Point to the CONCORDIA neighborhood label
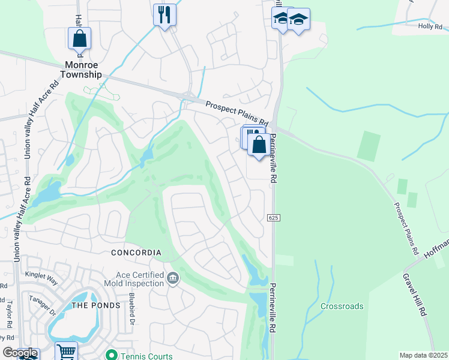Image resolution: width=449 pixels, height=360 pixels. (136, 253)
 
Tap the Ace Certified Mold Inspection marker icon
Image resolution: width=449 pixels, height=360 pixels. (173, 277)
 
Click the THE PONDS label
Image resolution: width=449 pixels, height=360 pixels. (96, 305)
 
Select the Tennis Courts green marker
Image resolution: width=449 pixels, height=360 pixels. (110, 356)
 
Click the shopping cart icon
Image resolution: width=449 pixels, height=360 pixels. (66, 352)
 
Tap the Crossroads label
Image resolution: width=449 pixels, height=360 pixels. (342, 306)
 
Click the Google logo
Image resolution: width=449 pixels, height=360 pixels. (20, 353)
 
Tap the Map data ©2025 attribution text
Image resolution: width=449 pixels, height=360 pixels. (423, 355)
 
